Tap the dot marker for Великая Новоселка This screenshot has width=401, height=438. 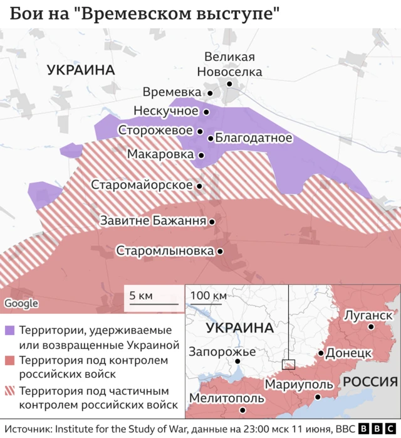(230, 83)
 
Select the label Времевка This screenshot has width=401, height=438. (172, 92)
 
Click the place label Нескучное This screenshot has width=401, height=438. (165, 111)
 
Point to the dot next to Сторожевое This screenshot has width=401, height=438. (200, 132)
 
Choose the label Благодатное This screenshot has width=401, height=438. (254, 138)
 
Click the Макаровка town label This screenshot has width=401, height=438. (161, 154)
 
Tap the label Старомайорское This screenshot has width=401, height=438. (141, 185)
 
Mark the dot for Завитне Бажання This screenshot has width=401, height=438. (213, 222)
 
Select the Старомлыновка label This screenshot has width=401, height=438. (165, 250)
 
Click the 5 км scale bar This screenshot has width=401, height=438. (154, 305)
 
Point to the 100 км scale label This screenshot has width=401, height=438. (209, 296)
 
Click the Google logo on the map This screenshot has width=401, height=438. (21, 303)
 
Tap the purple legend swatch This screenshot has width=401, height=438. (9, 330)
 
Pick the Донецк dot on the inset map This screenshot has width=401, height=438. (321, 353)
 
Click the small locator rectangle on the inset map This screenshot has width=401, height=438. (288, 364)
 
